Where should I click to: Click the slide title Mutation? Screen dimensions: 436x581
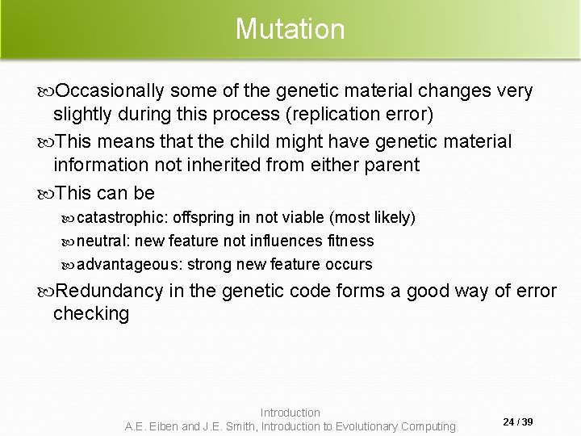[290, 29]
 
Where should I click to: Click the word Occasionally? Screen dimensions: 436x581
[107, 91]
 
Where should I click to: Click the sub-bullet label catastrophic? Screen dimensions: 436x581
[122, 218]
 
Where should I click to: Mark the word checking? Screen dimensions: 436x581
[91, 313]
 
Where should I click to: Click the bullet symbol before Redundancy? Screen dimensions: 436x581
[48, 291]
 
